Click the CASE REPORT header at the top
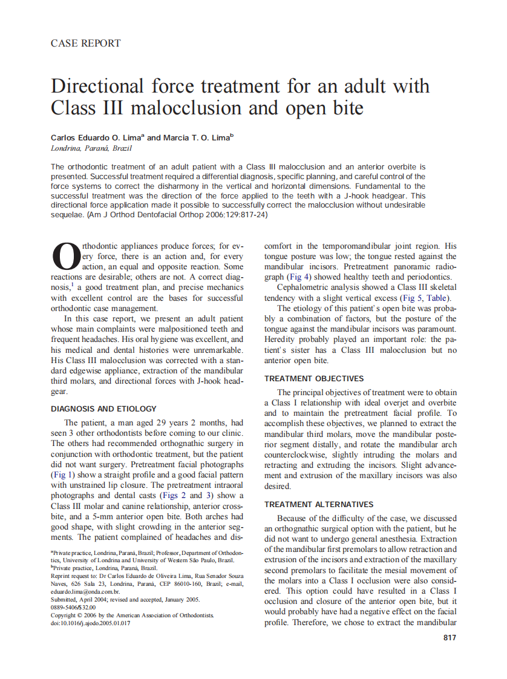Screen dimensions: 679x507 pyautogui.click(x=85, y=44)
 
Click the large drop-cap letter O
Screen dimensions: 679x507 pyautogui.click(x=65, y=257)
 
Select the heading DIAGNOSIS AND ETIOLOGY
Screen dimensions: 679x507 pyautogui.click(x=103, y=408)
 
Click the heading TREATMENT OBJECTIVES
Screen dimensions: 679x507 pyautogui.click(x=314, y=379)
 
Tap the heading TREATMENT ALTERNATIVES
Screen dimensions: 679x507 pyautogui.click(x=319, y=504)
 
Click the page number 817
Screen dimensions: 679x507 pyautogui.click(x=450, y=637)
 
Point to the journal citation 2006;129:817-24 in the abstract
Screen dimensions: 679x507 pyautogui.click(x=232, y=215)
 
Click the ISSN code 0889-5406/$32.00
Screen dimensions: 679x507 pyautogui.click(x=73, y=607)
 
